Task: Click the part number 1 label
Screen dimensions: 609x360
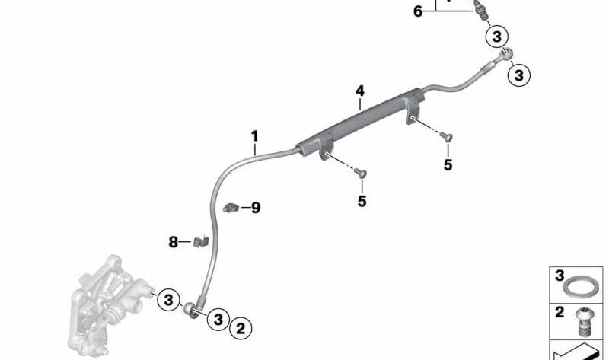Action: (254, 137)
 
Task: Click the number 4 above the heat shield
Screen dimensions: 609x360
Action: (360, 91)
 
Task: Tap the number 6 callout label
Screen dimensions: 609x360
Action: (417, 11)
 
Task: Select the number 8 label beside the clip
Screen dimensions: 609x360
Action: (174, 242)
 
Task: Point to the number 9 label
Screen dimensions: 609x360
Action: (256, 208)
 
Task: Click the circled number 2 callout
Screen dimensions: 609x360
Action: (241, 328)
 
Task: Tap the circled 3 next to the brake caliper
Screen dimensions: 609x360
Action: (168, 300)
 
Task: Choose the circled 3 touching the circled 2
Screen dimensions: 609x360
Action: (218, 319)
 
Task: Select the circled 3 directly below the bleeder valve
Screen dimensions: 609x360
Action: (497, 37)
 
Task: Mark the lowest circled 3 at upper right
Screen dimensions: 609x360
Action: (519, 75)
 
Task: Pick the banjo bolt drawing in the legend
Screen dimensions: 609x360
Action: (583, 322)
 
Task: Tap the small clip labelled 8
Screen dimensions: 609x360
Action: (201, 241)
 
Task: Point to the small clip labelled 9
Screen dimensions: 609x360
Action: (230, 208)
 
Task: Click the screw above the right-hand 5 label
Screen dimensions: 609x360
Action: (446, 136)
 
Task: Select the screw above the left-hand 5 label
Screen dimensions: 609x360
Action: (360, 173)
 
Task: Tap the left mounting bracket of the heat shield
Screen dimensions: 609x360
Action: (327, 149)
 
